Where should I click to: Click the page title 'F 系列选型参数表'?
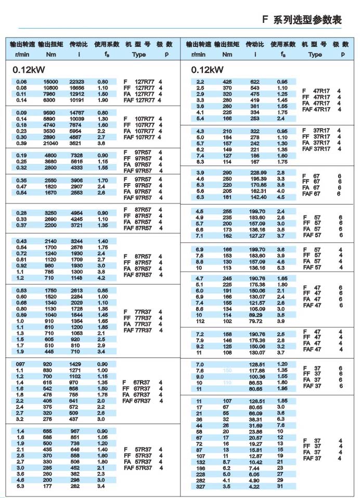(x=302, y=20)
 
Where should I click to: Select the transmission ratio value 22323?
(x=76, y=82)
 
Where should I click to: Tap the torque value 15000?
(x=50, y=82)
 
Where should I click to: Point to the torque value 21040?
(x=50, y=143)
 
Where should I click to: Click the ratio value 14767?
(x=76, y=112)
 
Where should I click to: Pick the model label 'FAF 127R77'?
(x=143, y=100)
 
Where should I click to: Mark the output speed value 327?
(x=200, y=487)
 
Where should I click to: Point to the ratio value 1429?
(x=76, y=364)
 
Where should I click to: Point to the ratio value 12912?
(x=76, y=94)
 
